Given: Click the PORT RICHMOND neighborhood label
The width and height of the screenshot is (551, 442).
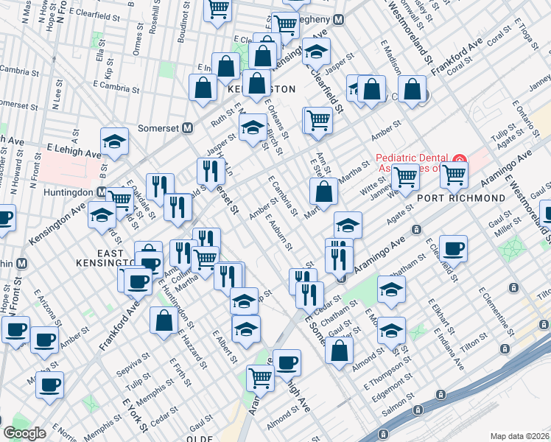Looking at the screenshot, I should click(x=471, y=198).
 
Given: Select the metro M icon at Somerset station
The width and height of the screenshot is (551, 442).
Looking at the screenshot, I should click(x=188, y=127).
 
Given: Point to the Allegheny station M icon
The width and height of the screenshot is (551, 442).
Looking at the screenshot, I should click(x=338, y=20).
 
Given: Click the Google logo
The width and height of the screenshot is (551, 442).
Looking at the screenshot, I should click(x=24, y=433).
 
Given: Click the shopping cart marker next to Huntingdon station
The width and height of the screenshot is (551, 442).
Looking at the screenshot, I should click(x=121, y=197).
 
